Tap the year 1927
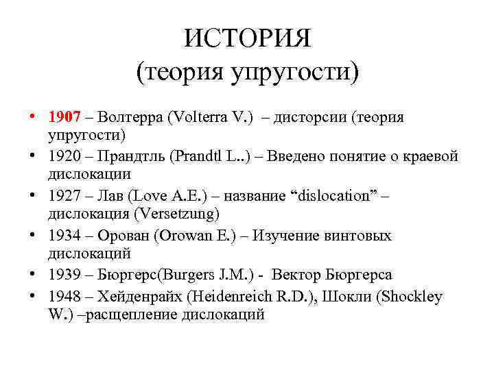click(x=66, y=196)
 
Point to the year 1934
click(x=66, y=236)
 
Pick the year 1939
click(x=66, y=275)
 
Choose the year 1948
click(x=66, y=296)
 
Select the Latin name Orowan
click(x=194, y=236)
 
